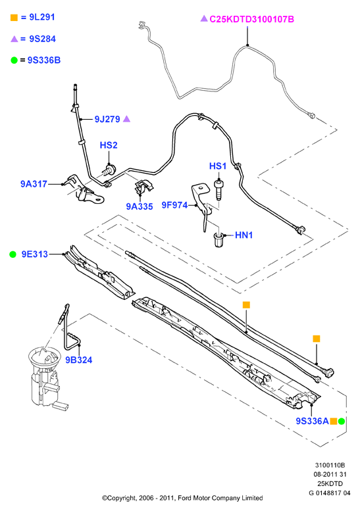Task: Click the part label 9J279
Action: pos(107,119)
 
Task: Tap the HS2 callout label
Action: pos(109,145)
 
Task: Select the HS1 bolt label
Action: pos(218,166)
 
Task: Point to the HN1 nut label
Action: pos(244,235)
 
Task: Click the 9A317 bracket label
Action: pos(34,184)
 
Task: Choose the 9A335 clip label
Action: pos(140,207)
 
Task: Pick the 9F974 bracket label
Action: pos(175,205)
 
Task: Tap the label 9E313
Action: pos(35,255)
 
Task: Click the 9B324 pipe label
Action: pos(79,360)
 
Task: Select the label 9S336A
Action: pos(313,421)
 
